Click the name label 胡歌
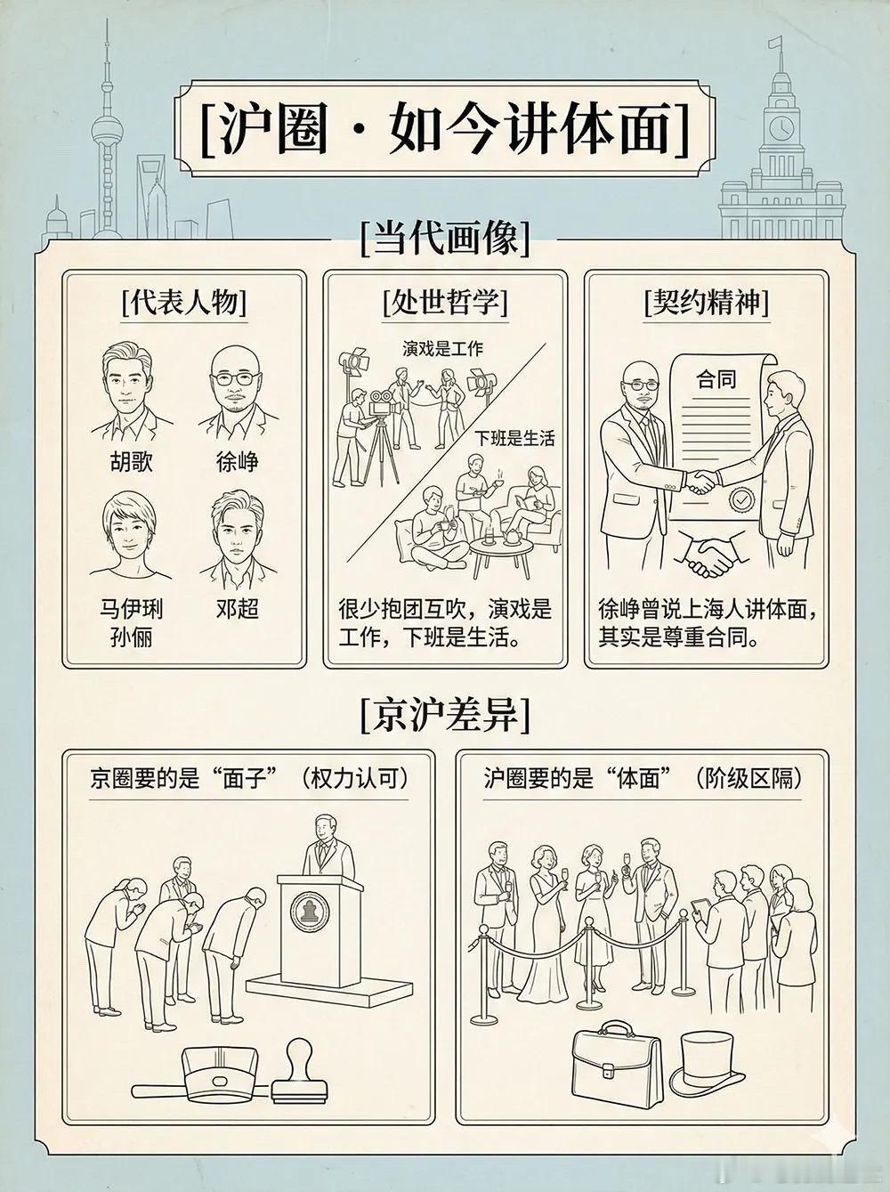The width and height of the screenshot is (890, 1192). (131, 462)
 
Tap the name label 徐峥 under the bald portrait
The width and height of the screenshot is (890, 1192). (237, 462)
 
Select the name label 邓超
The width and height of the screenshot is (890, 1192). (237, 609)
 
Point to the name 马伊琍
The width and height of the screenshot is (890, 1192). (131, 609)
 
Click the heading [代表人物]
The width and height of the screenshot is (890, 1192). (184, 303)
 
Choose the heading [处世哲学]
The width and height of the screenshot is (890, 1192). (444, 303)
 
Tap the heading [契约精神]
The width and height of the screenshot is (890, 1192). (706, 303)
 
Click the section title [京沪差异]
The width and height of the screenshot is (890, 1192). (445, 714)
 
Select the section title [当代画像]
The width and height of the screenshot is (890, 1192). (445, 239)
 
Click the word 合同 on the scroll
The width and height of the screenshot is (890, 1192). (716, 379)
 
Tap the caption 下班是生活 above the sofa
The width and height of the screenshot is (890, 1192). (514, 438)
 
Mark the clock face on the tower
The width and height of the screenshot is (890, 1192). (781, 127)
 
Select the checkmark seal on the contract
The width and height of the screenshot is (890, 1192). (740, 500)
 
